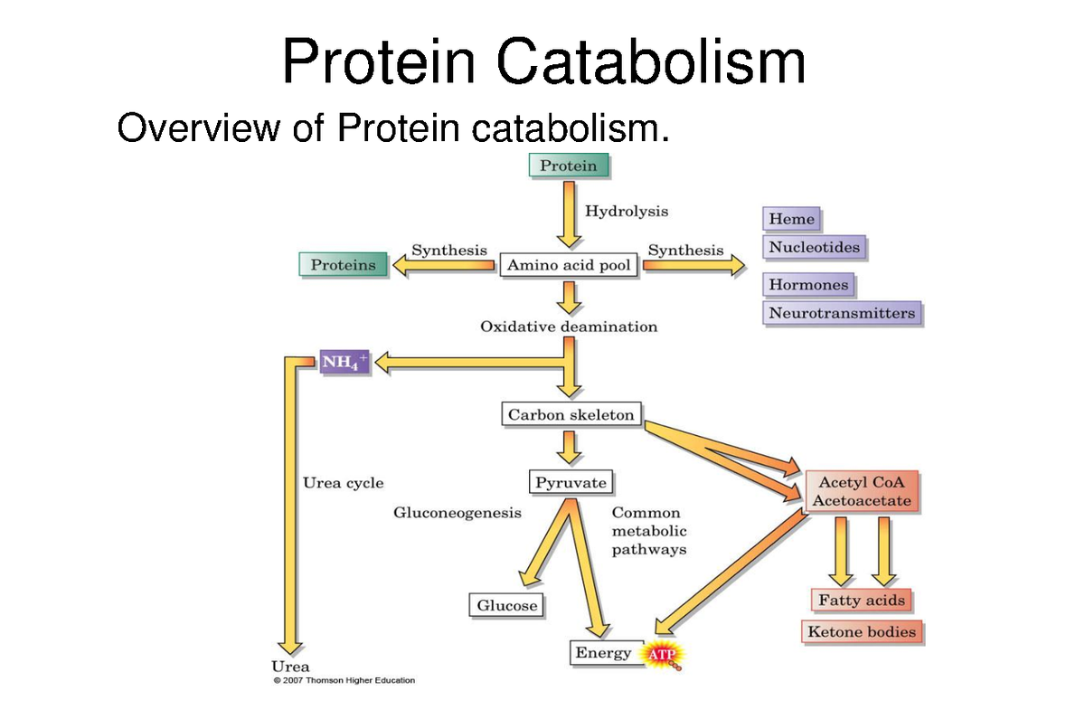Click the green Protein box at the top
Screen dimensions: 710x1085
[x=569, y=166]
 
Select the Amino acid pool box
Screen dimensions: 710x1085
[x=570, y=265]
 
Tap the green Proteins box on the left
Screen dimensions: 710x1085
[x=343, y=265]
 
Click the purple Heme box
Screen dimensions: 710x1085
[x=792, y=219]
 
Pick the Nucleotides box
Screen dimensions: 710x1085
[x=814, y=247]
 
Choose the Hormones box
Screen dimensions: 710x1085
[x=808, y=285]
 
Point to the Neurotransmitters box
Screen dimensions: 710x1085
[x=842, y=314]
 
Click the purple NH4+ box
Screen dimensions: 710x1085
[x=344, y=362]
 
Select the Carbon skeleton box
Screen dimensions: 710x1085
[x=571, y=415]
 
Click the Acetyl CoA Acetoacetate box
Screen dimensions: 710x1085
[x=861, y=491]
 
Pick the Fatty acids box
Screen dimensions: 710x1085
[x=861, y=601]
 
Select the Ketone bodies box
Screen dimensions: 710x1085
[x=861, y=631]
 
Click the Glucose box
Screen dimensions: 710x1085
[x=506, y=605]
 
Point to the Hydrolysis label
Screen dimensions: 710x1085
[x=627, y=211]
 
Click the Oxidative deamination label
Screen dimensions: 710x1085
[x=569, y=327]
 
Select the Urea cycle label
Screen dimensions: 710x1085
[x=343, y=483]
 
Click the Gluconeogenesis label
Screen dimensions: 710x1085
[x=457, y=513]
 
